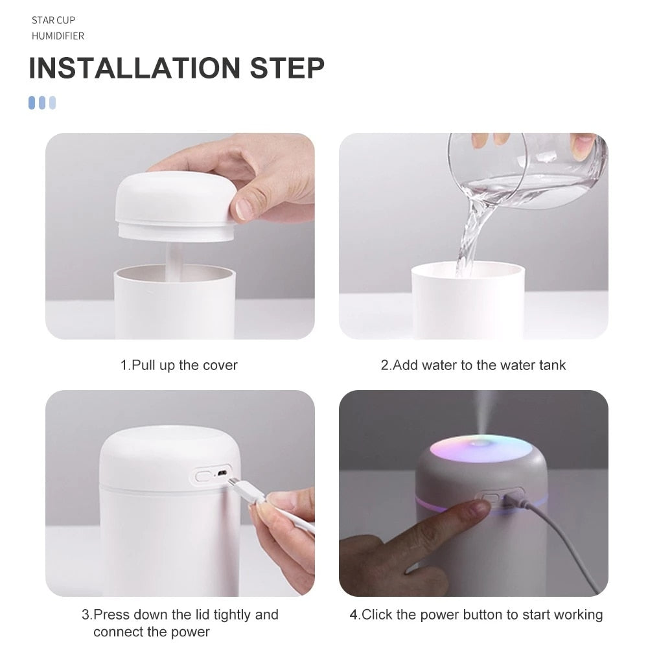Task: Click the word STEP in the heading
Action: (x=288, y=68)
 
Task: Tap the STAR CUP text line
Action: (x=54, y=20)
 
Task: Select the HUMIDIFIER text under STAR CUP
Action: (x=58, y=36)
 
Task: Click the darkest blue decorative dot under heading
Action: (x=32, y=102)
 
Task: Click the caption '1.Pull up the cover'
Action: (x=179, y=365)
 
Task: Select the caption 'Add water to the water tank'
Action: (x=479, y=365)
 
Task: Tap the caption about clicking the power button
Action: (x=476, y=614)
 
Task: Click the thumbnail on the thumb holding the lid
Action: (x=244, y=209)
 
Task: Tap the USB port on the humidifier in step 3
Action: (x=223, y=476)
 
